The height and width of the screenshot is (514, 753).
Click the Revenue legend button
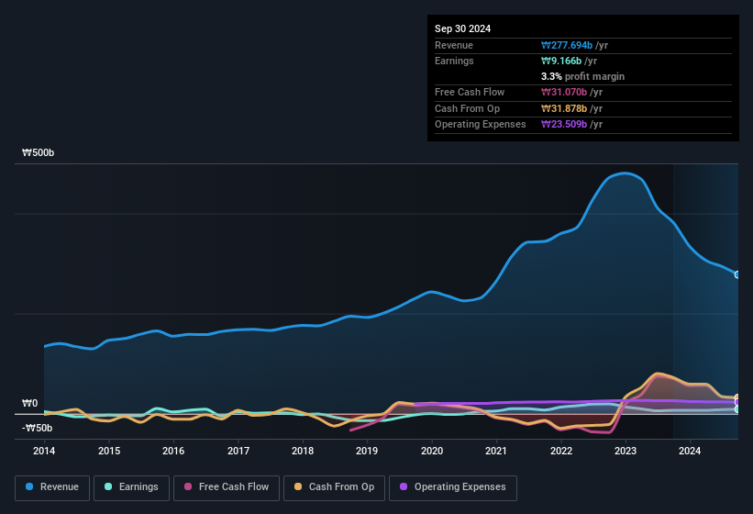point(51,487)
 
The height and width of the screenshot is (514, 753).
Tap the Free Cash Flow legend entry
point(226,487)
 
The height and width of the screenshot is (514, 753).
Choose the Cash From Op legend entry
point(334,487)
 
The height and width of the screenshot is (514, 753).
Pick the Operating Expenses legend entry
point(453,487)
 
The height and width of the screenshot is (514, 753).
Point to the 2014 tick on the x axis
point(44,451)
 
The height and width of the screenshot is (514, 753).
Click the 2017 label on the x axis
point(238,451)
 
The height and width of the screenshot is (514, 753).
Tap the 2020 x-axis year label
point(432,451)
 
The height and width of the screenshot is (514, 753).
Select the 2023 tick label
point(626,451)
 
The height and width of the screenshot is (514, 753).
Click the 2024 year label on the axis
point(690,451)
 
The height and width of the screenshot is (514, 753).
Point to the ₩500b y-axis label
point(39,153)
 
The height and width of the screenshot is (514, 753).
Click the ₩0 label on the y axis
point(29,404)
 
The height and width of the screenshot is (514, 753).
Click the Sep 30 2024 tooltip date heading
point(462,28)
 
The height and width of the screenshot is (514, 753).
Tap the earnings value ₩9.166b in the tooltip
point(570,61)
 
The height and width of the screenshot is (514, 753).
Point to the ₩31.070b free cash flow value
point(572,92)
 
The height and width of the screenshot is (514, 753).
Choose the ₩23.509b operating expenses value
point(572,124)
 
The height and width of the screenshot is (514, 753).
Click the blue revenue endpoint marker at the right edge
point(736,274)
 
